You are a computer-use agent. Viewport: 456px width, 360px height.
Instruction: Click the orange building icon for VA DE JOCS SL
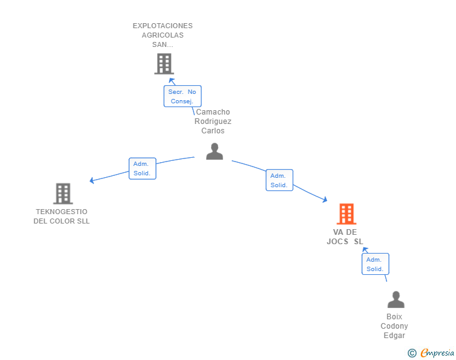pyautogui.click(x=346, y=213)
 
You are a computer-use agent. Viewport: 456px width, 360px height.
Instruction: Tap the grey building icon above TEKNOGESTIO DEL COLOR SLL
pyautogui.click(x=63, y=193)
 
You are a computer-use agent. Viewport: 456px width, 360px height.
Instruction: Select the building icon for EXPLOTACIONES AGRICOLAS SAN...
pyautogui.click(x=164, y=64)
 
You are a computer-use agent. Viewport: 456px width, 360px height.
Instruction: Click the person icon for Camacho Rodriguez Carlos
pyautogui.click(x=215, y=152)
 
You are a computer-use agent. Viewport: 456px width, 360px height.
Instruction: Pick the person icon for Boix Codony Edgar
pyautogui.click(x=396, y=299)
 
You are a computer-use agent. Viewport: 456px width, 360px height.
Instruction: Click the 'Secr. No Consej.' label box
pyautogui.click(x=182, y=96)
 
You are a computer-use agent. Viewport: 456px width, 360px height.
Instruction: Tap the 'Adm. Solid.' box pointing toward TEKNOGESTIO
pyautogui.click(x=143, y=168)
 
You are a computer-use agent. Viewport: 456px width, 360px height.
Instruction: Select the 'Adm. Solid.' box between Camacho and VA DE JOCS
pyautogui.click(x=279, y=180)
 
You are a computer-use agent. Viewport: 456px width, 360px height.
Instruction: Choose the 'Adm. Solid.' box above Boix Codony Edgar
pyautogui.click(x=375, y=264)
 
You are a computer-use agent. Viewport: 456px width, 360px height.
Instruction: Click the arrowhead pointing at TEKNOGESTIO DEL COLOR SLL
pyautogui.click(x=91, y=180)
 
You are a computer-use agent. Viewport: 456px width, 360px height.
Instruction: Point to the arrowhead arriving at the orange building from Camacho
pyautogui.click(x=325, y=200)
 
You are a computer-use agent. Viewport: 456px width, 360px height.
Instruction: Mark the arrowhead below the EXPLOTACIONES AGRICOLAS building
pyautogui.click(x=172, y=80)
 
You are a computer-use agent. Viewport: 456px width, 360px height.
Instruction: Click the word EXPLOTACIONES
pyautogui.click(x=163, y=26)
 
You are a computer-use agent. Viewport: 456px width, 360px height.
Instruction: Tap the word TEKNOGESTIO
pyautogui.click(x=61, y=212)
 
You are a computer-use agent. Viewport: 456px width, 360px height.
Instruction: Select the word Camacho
pyautogui.click(x=213, y=112)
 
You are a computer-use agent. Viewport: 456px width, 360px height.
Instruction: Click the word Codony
pyautogui.click(x=394, y=326)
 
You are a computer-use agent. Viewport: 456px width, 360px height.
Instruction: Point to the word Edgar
pyautogui.click(x=394, y=336)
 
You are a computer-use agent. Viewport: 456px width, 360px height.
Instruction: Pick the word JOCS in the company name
pyautogui.click(x=338, y=242)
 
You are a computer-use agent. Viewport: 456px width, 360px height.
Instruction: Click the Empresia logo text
pyautogui.click(x=437, y=353)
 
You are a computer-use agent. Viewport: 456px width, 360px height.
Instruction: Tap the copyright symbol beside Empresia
pyautogui.click(x=412, y=353)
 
